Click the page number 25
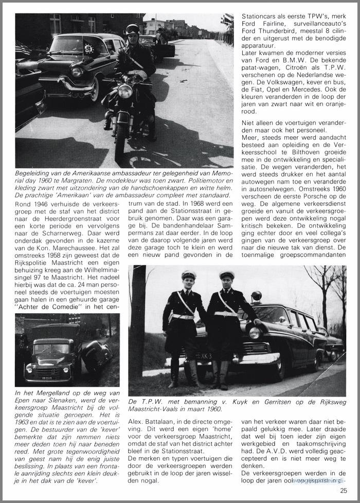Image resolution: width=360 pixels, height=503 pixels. pos(343,491)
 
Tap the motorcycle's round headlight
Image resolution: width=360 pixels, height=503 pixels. pos(125,92)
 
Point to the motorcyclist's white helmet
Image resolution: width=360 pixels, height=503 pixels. pos(132,30)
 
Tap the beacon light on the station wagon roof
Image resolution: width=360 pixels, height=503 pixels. pos(256,296)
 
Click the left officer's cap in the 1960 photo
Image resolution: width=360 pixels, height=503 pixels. pos(189,275)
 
